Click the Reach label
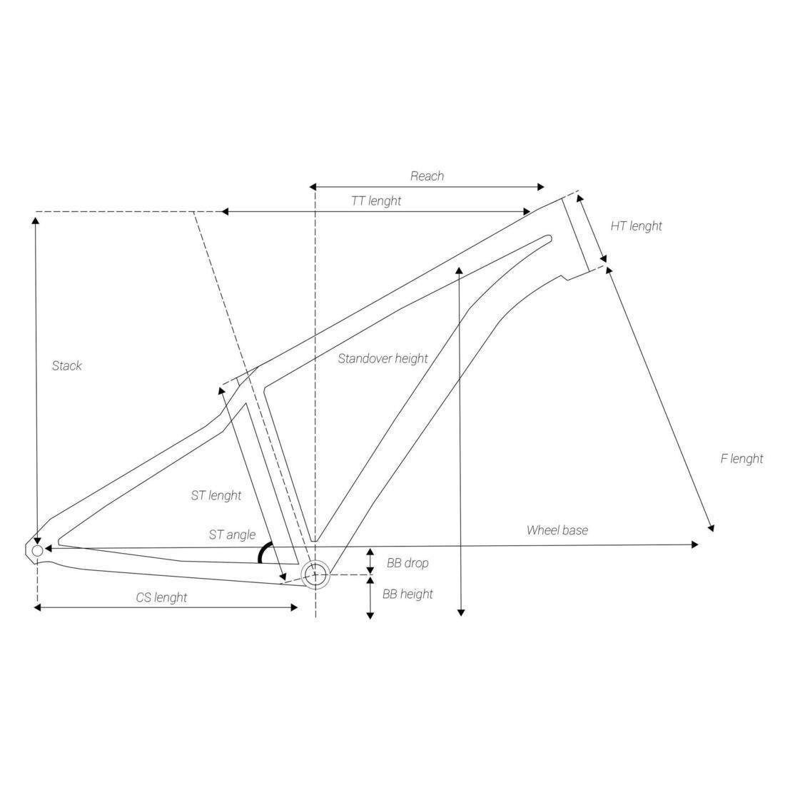click(x=427, y=176)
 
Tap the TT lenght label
click(x=376, y=201)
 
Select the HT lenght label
click(x=636, y=226)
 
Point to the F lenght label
click(x=741, y=459)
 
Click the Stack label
click(x=67, y=366)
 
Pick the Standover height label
click(x=383, y=358)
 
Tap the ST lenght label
click(x=216, y=495)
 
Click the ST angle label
click(x=232, y=535)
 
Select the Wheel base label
click(x=557, y=530)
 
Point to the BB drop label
click(x=407, y=563)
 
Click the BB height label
click(x=407, y=594)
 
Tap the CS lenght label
click(x=161, y=597)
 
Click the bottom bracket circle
click(x=315, y=574)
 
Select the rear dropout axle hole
click(x=37, y=550)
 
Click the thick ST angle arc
click(x=263, y=552)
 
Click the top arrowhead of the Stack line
click(x=36, y=219)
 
